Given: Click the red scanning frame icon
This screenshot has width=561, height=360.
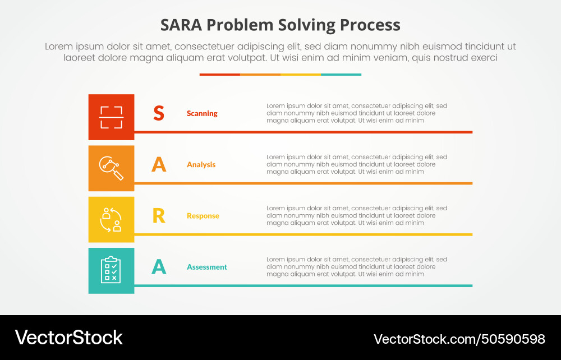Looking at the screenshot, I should point(111,117).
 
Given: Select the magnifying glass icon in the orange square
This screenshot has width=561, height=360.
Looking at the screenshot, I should point(111,168).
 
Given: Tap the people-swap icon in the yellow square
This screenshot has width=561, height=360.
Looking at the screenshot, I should point(111,219).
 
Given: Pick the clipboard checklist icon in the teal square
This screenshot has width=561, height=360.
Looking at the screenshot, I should point(111,270).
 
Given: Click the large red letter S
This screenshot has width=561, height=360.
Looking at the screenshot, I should point(159,113).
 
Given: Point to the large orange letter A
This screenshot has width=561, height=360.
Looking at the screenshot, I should point(159,164).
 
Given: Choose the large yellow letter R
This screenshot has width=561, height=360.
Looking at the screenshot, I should point(159,216).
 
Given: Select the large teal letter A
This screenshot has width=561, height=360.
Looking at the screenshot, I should point(159,267).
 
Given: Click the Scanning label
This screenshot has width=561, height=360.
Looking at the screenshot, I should point(202,113).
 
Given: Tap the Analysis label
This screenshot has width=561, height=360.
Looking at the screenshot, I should point(201,165).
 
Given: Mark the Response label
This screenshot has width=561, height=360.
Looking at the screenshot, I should point(203,216).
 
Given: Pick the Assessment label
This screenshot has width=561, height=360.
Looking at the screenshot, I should point(207,267).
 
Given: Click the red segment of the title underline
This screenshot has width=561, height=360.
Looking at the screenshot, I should point(220,74).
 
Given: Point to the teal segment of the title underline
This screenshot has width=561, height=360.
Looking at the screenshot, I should point(341,74).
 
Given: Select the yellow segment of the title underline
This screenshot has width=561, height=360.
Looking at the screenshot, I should point(301,74).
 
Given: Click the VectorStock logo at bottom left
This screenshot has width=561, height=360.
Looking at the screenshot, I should point(68,338).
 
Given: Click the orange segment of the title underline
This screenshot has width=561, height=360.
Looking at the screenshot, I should point(260,74).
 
